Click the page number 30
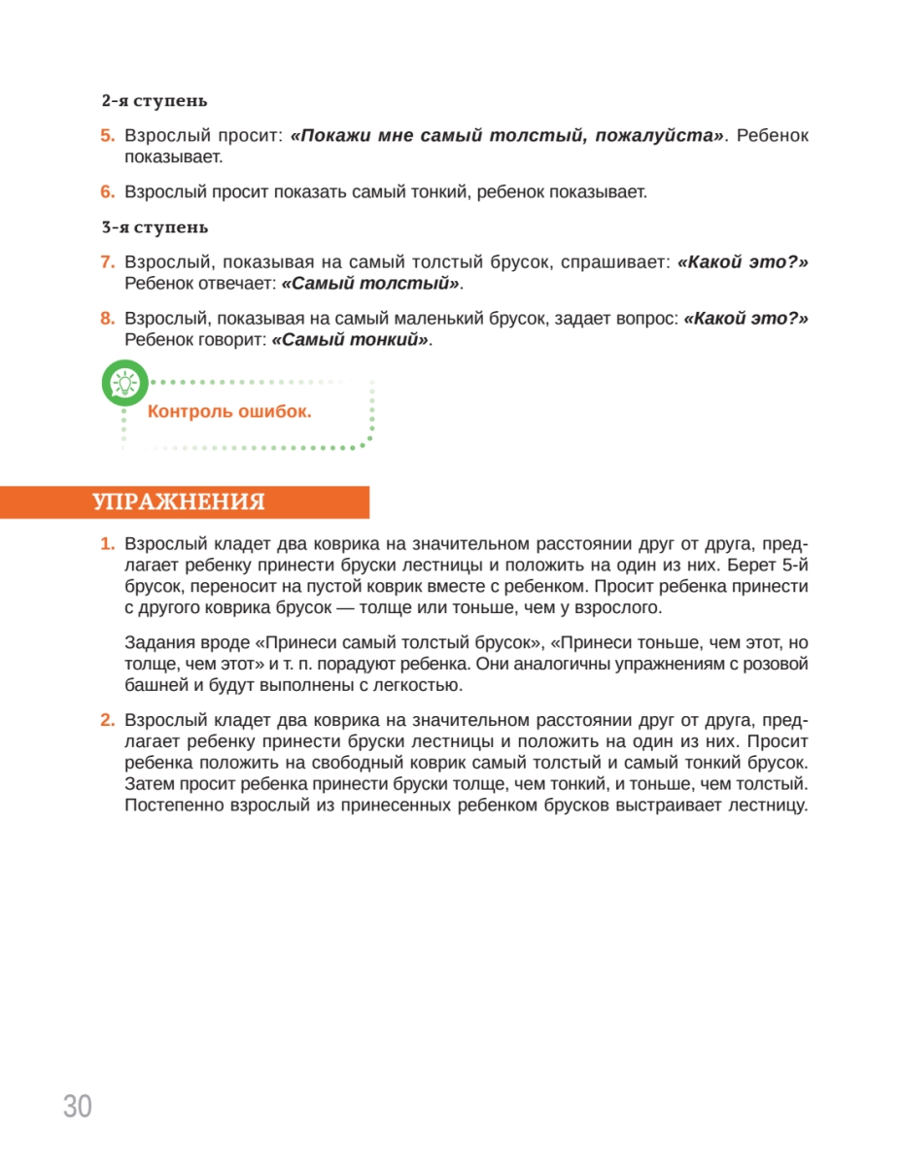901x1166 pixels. pos(78,1106)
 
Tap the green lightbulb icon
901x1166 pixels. pos(124,383)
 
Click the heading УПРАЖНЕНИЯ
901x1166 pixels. pos(179,502)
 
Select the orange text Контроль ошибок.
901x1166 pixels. pos(229,411)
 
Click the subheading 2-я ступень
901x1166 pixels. pos(154,100)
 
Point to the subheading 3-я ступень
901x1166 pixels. pos(154,227)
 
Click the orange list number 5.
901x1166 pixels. pos(108,136)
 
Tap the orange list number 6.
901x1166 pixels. pos(108,192)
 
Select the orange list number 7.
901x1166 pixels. pos(108,262)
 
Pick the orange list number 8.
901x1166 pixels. pos(108,319)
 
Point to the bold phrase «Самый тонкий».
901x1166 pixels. pos(350,340)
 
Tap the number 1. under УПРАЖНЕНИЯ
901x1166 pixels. pos(108,542)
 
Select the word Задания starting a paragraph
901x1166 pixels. pos(157,643)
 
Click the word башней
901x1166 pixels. pos(156,686)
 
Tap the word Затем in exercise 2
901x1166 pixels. pos(148,784)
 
